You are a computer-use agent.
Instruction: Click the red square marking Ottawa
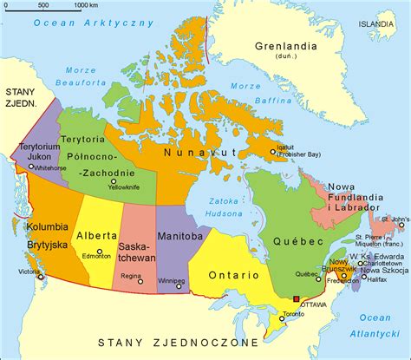296,299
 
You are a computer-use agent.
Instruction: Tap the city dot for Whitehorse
32,167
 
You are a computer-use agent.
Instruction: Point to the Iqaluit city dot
272,153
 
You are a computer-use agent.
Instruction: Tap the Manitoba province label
179,235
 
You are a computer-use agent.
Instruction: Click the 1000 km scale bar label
86,6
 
